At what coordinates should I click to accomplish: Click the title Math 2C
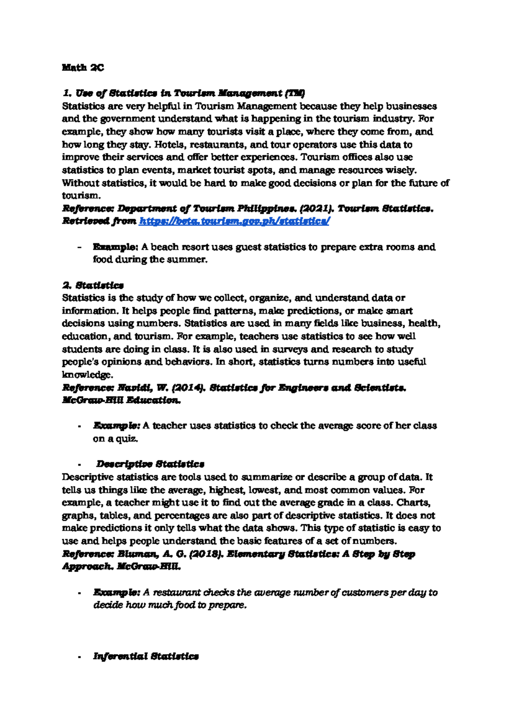(x=83, y=68)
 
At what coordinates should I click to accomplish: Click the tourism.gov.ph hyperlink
(x=234, y=221)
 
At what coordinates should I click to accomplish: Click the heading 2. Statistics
(x=93, y=285)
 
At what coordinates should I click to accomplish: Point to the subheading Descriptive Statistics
(x=150, y=464)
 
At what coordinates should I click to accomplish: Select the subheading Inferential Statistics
(x=146, y=656)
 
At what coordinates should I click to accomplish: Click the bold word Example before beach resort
(x=115, y=247)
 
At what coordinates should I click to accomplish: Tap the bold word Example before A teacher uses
(x=117, y=426)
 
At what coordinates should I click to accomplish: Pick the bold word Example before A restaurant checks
(x=117, y=593)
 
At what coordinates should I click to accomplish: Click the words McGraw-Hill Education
(x=121, y=401)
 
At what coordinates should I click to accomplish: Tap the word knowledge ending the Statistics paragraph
(x=87, y=375)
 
